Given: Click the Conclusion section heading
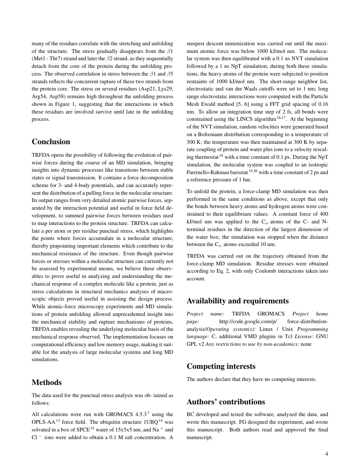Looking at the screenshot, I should (x=51, y=142).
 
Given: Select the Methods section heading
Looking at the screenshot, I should (x=46, y=383).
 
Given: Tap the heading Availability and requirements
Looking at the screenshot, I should (x=238, y=301).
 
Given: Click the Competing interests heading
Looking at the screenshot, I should (x=221, y=366).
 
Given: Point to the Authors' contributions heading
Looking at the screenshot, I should (x=226, y=402).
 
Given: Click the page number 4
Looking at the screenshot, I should (x=326, y=454).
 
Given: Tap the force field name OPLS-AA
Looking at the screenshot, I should (x=42, y=422).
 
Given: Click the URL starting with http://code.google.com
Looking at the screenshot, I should (x=248, y=322).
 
